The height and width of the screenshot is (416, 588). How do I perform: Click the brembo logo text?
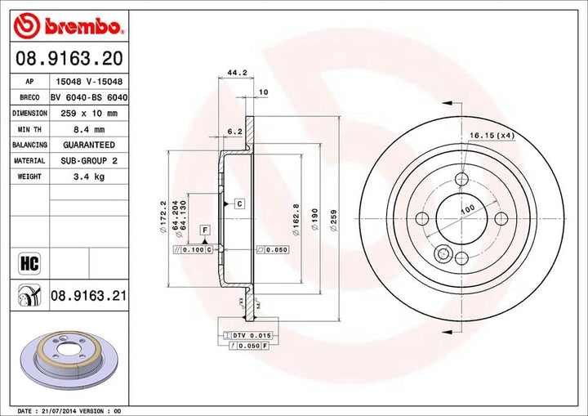click(x=82, y=27)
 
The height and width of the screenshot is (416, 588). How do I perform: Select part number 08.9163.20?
click(x=69, y=59)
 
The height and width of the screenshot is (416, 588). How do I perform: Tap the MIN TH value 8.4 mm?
click(x=89, y=129)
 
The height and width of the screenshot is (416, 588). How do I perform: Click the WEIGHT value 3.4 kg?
click(x=89, y=177)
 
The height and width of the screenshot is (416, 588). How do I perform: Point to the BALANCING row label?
click(x=29, y=145)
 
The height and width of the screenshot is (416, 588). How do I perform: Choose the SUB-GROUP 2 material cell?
click(x=89, y=161)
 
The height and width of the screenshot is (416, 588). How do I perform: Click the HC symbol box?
click(x=29, y=263)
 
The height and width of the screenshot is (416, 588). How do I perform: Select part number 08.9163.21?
click(x=88, y=296)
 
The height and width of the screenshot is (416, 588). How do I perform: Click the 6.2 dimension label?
click(x=235, y=132)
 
